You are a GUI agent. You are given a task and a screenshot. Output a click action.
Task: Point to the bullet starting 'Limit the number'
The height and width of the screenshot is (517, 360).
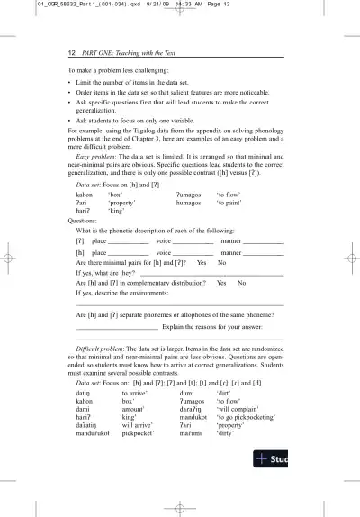[x=70, y=82]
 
